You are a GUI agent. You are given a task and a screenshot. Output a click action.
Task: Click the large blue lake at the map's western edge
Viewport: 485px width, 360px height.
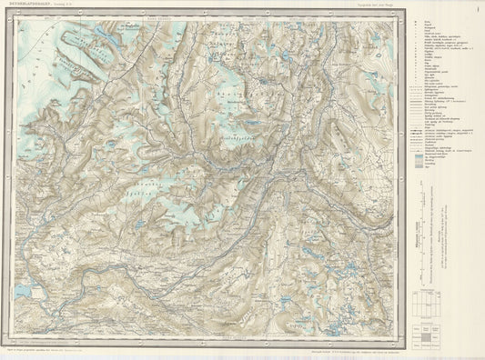point(22,292)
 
